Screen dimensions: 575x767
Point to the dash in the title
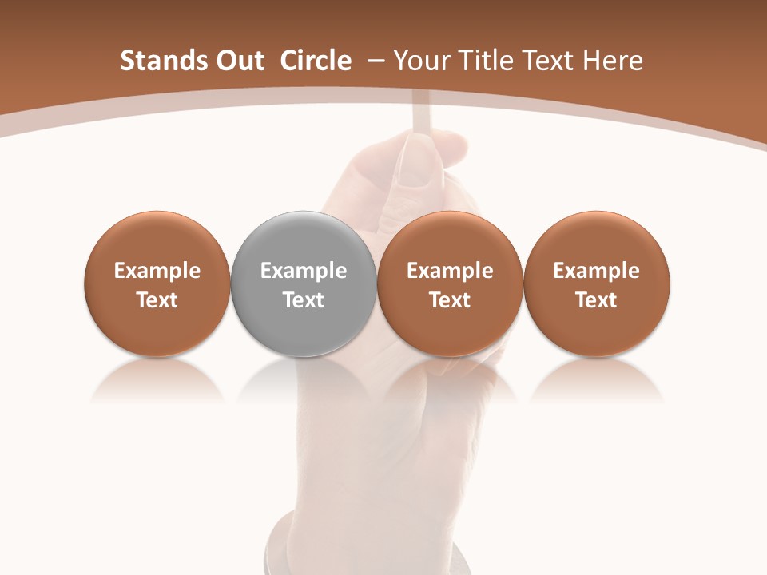coord(373,61)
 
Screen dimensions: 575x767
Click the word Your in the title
coord(421,61)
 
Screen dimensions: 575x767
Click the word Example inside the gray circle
coord(304,272)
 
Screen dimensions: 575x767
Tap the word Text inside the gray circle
coord(304,300)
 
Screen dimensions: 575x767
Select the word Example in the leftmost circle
coord(157,272)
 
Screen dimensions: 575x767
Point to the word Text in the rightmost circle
coord(596,300)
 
